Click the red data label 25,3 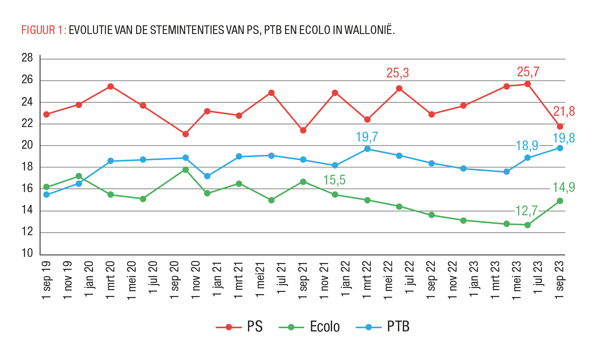pos(397,73)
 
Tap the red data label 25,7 pos(528,72)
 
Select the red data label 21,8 pos(564,111)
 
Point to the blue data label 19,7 pos(366,137)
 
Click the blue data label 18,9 pos(527,146)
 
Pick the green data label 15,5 pos(334,180)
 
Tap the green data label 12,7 pos(526,211)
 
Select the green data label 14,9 pos(563,187)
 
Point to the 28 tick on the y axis pos(27,58)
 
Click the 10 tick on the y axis pos(27,253)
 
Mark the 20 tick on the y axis pos(27,145)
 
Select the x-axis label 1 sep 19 pos(47,280)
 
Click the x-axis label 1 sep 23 pos(560,280)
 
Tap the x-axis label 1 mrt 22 pos(367,280)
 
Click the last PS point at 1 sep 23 pos(560,126)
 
